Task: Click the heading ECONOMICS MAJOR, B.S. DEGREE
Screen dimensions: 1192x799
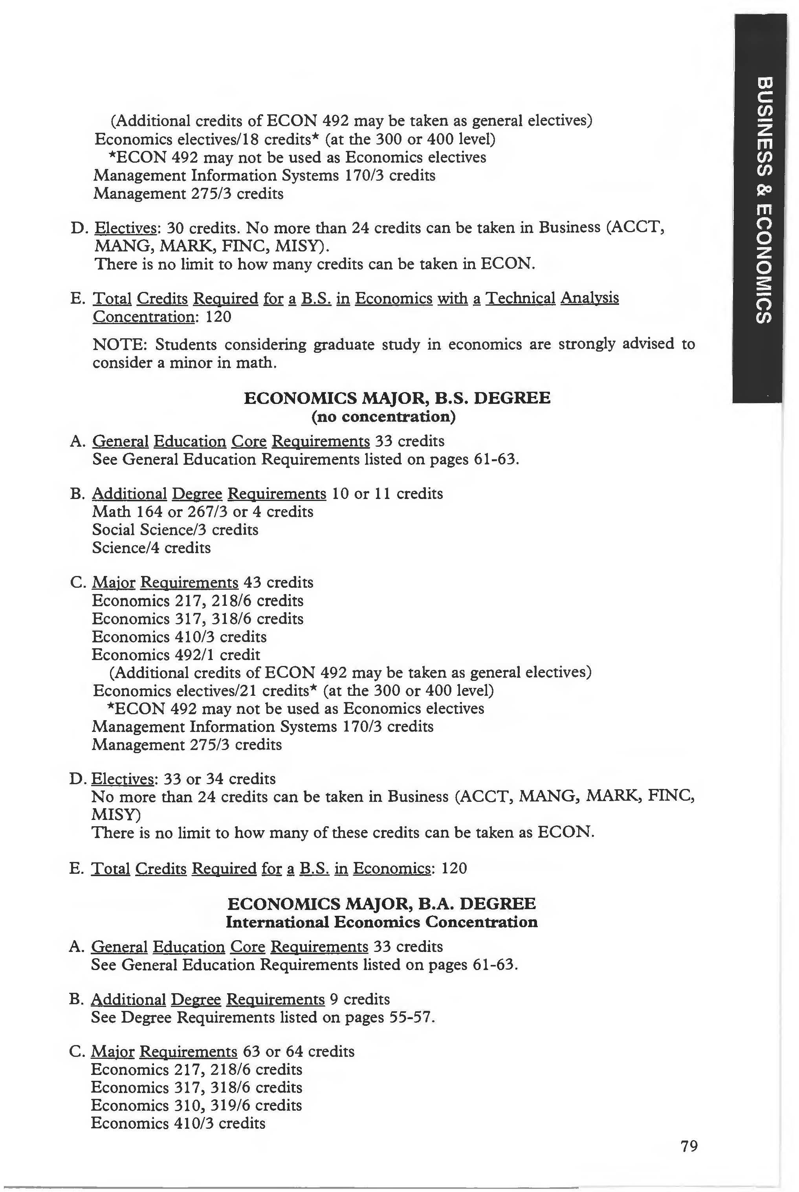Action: tap(397, 398)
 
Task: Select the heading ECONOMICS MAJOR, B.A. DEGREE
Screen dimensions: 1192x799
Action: tap(381, 904)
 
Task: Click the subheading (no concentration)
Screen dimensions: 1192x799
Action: tap(383, 417)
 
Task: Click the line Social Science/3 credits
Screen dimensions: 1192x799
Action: tap(175, 530)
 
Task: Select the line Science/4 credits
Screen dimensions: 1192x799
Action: tap(151, 548)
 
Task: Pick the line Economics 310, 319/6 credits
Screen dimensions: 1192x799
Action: tap(196, 1105)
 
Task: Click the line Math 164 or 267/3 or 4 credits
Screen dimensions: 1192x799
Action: tap(203, 511)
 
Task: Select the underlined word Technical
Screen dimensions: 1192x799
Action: tap(520, 298)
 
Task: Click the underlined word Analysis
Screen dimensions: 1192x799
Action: tap(589, 298)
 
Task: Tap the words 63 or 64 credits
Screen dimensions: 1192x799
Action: tap(298, 1051)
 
